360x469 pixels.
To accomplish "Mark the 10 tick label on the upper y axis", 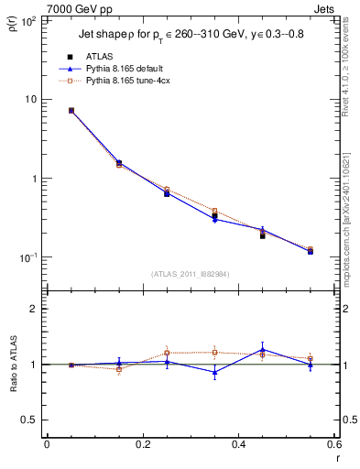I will pos(31,99).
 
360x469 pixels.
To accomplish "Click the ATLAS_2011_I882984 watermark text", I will pos(189,273).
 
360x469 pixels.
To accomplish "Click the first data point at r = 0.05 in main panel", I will pos(71,110).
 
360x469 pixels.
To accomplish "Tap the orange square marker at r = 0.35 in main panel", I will pos(214,211).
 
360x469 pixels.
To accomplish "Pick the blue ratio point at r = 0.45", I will pos(262,349).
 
